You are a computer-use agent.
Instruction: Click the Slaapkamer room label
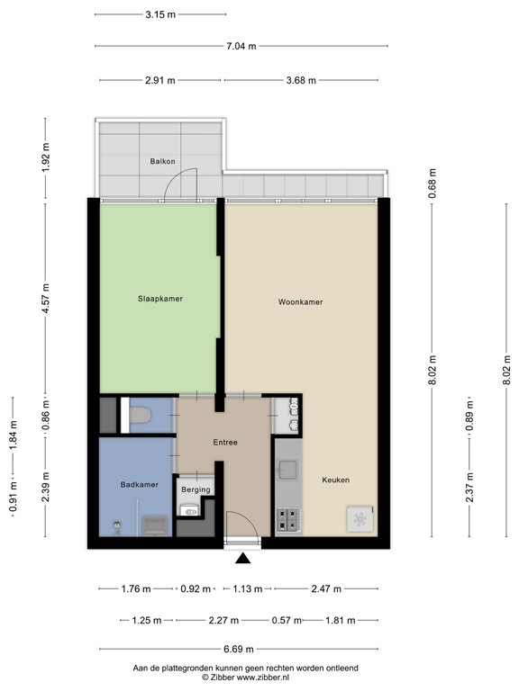click(x=160, y=299)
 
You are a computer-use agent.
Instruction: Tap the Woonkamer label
click(x=300, y=302)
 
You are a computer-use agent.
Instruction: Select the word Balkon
click(x=161, y=162)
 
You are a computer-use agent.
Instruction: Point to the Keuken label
click(x=335, y=480)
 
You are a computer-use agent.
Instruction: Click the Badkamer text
click(x=140, y=485)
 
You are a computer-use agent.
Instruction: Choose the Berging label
click(x=195, y=489)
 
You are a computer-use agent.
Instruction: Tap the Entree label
click(x=225, y=443)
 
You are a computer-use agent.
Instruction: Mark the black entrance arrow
click(x=242, y=559)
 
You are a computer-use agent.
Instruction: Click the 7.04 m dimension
click(x=241, y=46)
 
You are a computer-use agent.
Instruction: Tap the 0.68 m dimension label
click(x=432, y=184)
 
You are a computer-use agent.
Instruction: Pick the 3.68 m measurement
click(x=301, y=80)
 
